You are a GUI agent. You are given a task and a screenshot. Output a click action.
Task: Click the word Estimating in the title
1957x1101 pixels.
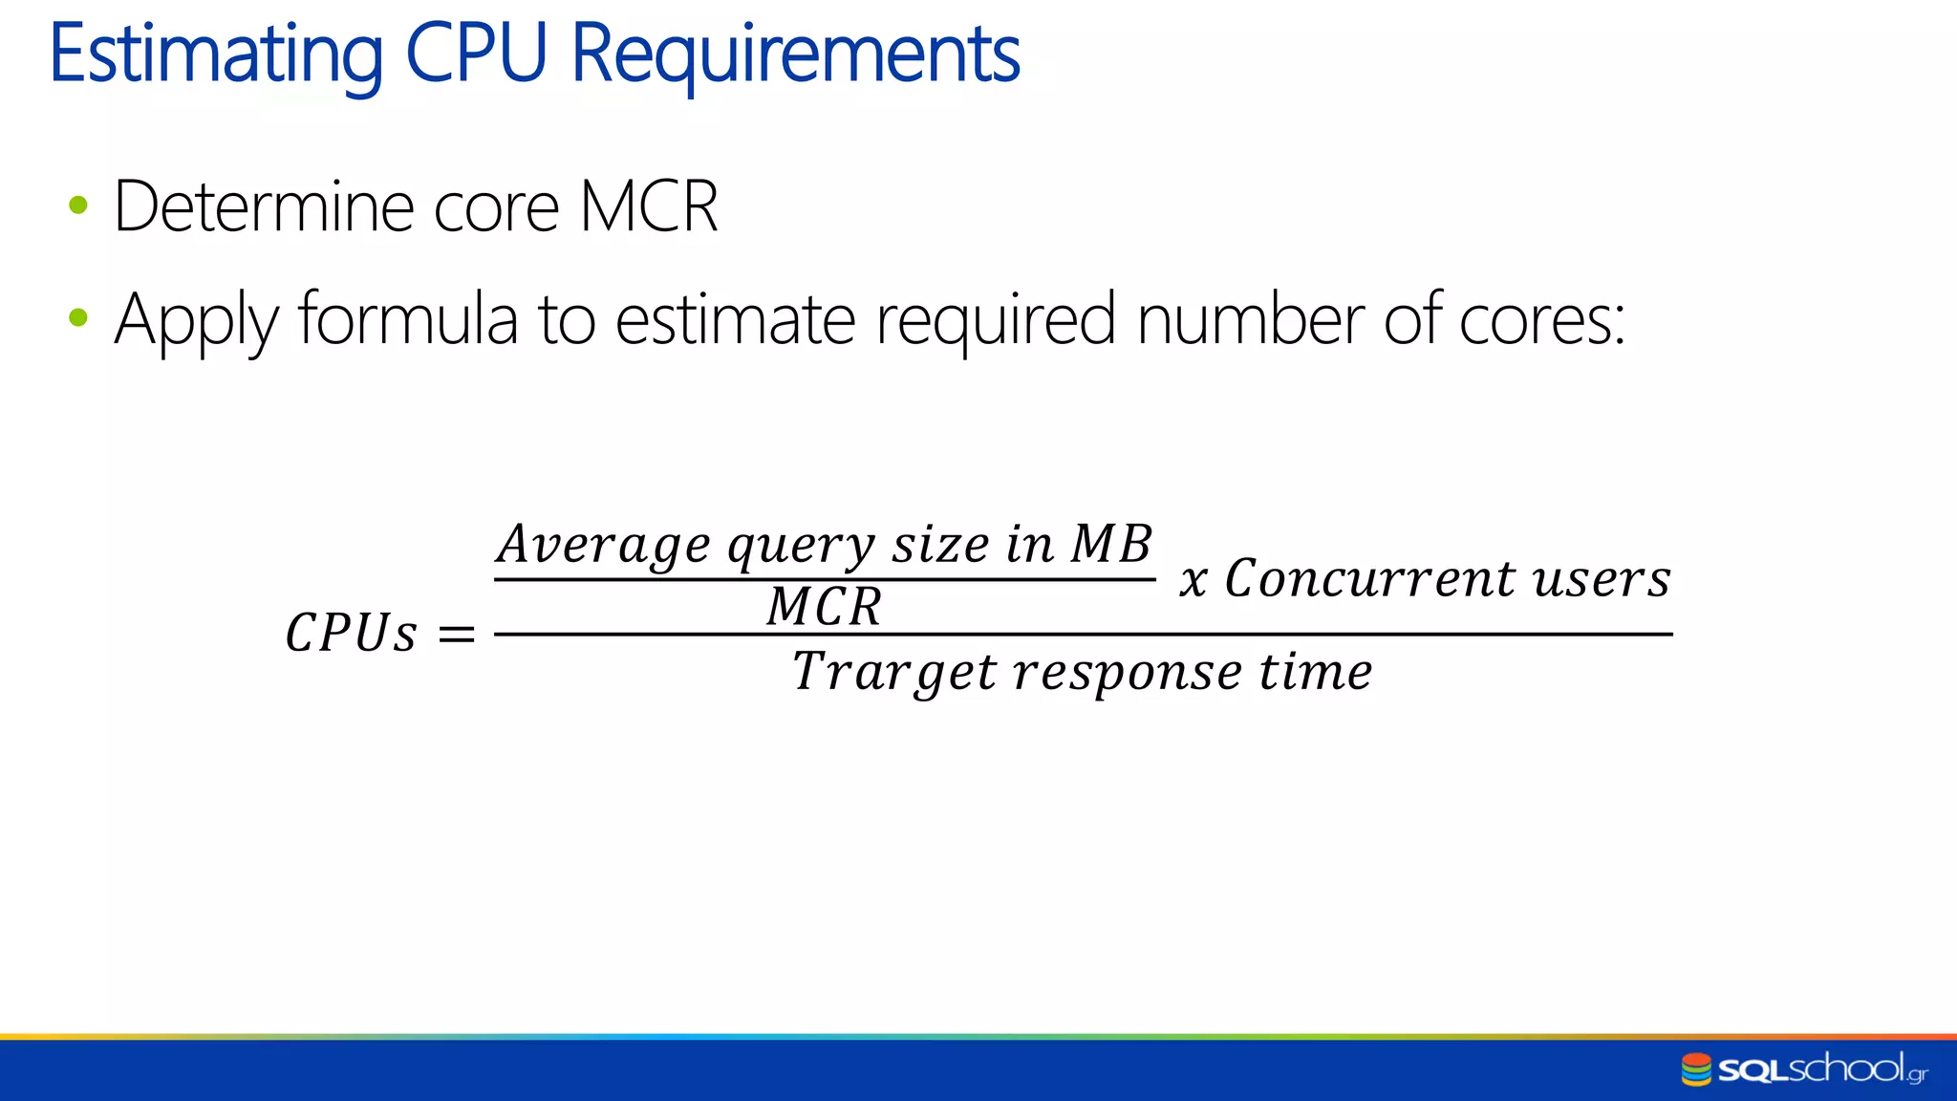point(216,55)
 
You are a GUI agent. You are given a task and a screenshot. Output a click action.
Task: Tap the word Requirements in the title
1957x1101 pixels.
point(795,55)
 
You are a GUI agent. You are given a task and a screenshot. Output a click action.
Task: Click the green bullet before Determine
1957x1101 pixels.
point(78,205)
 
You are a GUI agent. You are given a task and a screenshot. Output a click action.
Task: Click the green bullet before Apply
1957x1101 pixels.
point(78,317)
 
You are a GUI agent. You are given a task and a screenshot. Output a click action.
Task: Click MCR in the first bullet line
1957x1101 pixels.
point(649,206)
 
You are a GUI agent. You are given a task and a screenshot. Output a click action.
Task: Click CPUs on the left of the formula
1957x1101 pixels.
point(351,633)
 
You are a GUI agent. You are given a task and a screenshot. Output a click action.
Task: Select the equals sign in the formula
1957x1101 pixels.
point(457,634)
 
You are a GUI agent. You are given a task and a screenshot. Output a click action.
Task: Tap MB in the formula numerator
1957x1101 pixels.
point(1111,544)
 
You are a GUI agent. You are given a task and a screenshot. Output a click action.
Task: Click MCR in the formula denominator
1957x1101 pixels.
point(824,607)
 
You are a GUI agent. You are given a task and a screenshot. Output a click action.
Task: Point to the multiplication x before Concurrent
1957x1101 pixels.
point(1194,580)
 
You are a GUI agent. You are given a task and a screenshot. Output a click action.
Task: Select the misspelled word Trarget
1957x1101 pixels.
point(894,672)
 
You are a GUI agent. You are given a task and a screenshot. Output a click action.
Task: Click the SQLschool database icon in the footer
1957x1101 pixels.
point(1696,1069)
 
